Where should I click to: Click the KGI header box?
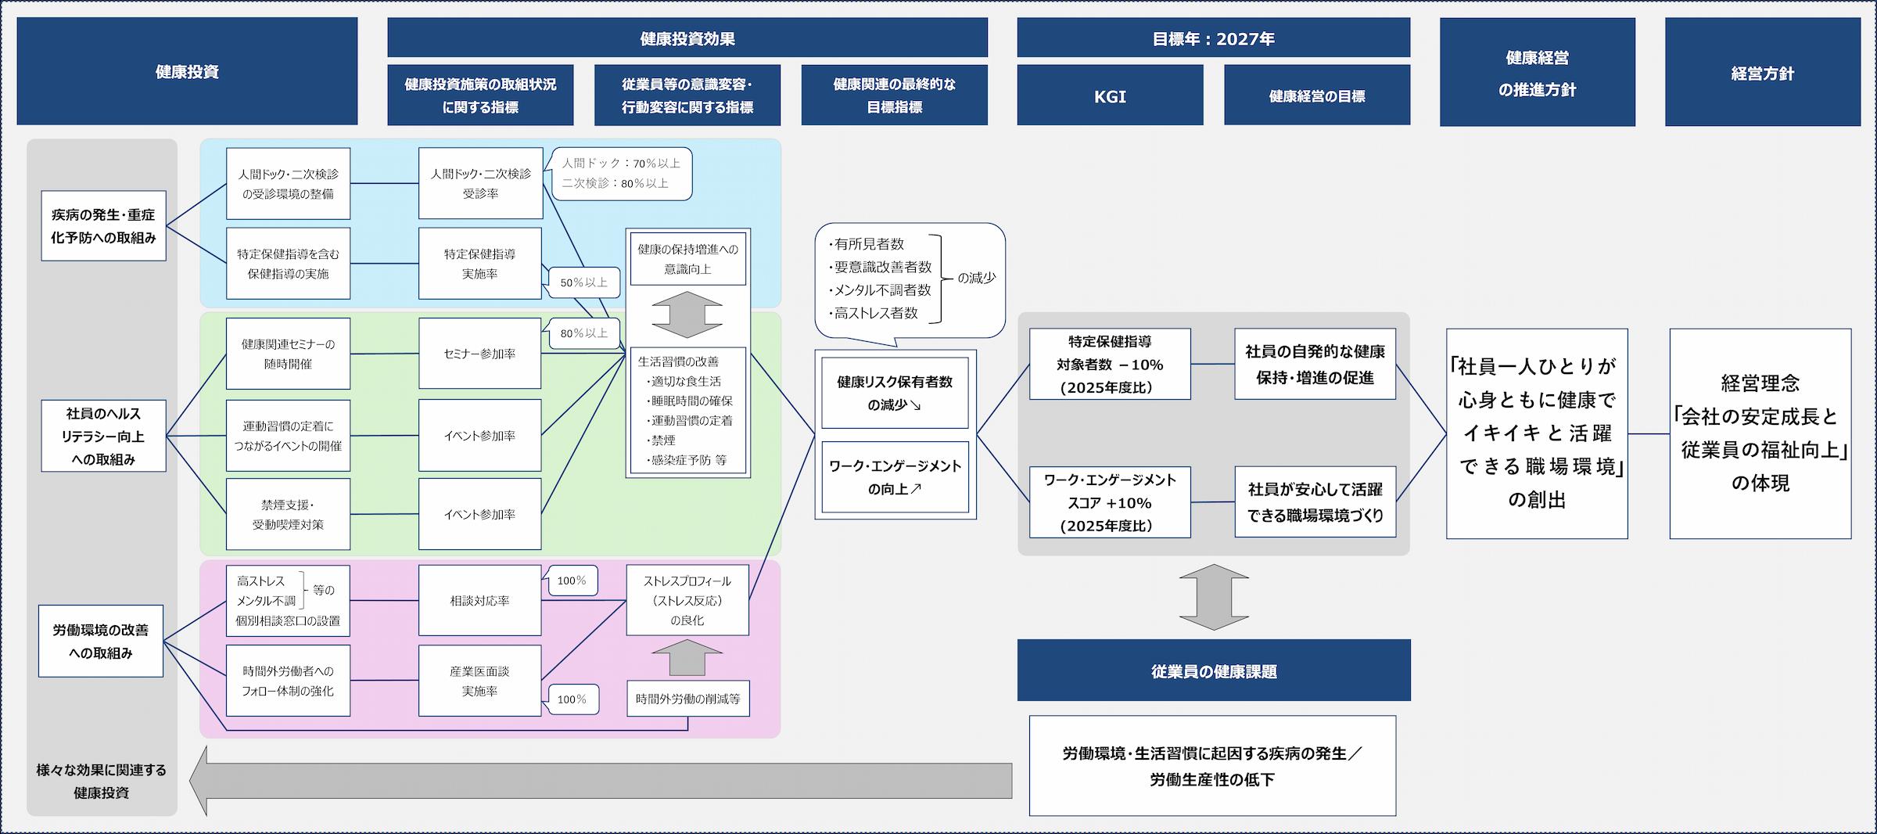1110,95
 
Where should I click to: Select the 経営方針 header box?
1762,72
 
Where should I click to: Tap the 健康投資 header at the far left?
187,71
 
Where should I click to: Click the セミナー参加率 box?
479,354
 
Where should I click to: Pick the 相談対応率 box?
479,600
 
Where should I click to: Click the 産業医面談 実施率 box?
479,681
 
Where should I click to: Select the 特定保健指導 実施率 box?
479,264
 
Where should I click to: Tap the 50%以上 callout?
583,282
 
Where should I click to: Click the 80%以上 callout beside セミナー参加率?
583,333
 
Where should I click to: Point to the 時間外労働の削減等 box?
687,699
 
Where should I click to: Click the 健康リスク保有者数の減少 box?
895,393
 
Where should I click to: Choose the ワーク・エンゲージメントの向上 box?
895,477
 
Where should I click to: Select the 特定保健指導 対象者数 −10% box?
1110,365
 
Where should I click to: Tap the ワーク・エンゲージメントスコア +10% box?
1110,502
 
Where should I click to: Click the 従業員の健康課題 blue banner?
1214,670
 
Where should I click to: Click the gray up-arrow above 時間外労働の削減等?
687,657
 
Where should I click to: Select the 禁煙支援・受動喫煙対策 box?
288,514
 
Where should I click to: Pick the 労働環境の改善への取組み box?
101,641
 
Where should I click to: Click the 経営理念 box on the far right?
1760,433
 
